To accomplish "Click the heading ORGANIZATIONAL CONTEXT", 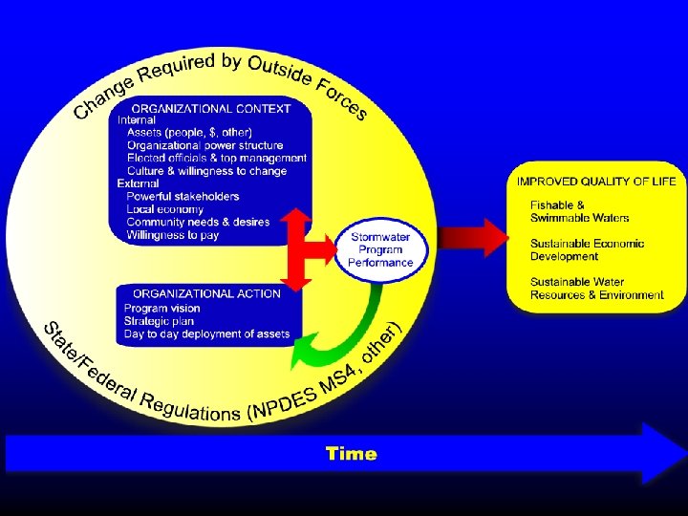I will [211, 109].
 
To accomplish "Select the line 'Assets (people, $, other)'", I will [189, 133].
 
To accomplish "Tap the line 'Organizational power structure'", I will [204, 145].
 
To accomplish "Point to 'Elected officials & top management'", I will [217, 159].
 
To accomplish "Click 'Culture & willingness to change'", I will [206, 171].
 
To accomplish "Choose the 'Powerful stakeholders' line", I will [183, 197].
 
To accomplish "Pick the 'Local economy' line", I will [164, 209].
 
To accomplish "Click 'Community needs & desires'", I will [198, 222].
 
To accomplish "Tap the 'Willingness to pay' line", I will [172, 234].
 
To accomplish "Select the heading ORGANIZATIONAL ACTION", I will [207, 293].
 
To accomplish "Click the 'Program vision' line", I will [161, 309].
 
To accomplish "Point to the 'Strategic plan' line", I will [159, 321].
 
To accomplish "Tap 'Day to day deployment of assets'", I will [206, 333].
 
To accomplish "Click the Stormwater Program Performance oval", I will [380, 249].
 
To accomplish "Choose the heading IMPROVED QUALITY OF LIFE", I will [596, 182].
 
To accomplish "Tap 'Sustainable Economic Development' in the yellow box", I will [587, 250].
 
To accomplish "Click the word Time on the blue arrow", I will [351, 454].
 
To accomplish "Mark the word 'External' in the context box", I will [139, 183].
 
